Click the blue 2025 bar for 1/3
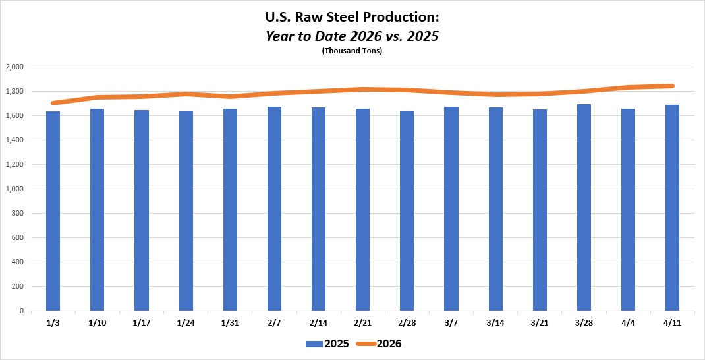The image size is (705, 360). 53,211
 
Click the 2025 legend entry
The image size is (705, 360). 327,344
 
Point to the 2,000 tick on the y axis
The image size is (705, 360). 14,67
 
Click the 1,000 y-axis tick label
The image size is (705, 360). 14,189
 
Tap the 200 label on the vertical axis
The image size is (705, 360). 17,286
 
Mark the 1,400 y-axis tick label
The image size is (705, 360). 14,140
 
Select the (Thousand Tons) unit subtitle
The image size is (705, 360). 352,51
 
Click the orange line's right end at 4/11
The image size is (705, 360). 672,86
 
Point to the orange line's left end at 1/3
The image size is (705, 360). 53,103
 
